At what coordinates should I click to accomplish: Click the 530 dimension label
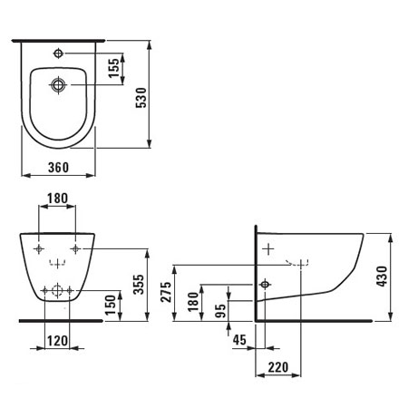(x=164, y=92)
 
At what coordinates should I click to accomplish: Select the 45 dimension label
(x=239, y=341)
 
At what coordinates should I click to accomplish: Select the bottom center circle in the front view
(x=58, y=291)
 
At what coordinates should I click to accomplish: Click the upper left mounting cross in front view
(x=39, y=248)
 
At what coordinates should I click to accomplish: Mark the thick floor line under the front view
(x=59, y=321)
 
